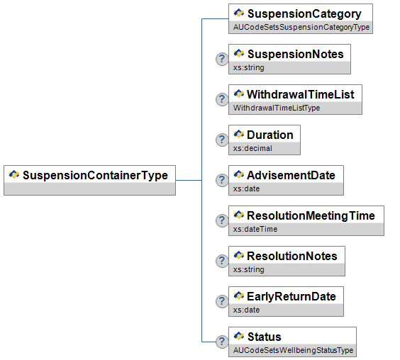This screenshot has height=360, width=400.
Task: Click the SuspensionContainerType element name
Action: click(96, 176)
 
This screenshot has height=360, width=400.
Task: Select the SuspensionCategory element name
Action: click(304, 14)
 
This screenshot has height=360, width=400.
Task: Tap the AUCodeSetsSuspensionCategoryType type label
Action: click(301, 27)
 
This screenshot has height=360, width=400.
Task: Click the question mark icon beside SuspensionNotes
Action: click(222, 59)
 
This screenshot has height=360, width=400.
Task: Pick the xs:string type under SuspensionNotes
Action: click(249, 67)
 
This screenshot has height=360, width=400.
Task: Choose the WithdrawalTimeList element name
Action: click(301, 94)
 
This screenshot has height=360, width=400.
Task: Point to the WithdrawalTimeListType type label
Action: click(277, 108)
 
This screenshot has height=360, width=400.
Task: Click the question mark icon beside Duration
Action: click(222, 140)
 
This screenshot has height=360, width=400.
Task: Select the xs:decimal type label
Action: click(252, 148)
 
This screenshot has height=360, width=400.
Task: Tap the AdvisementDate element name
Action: click(291, 176)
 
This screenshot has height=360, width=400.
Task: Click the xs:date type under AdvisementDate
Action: click(246, 189)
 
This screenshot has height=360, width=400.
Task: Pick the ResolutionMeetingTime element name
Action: click(311, 216)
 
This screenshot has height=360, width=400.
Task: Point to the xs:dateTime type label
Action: click(255, 229)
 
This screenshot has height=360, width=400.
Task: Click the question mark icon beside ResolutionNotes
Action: click(222, 261)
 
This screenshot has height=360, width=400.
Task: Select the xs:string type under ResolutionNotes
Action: click(249, 269)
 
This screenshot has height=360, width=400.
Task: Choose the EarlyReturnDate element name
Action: click(291, 297)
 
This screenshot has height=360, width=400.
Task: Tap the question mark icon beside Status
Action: click(222, 342)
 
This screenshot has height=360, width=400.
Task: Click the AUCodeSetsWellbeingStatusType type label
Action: click(293, 350)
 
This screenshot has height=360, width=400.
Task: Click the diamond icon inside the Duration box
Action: click(239, 134)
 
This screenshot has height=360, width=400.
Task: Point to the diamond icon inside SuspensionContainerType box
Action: click(14, 174)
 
